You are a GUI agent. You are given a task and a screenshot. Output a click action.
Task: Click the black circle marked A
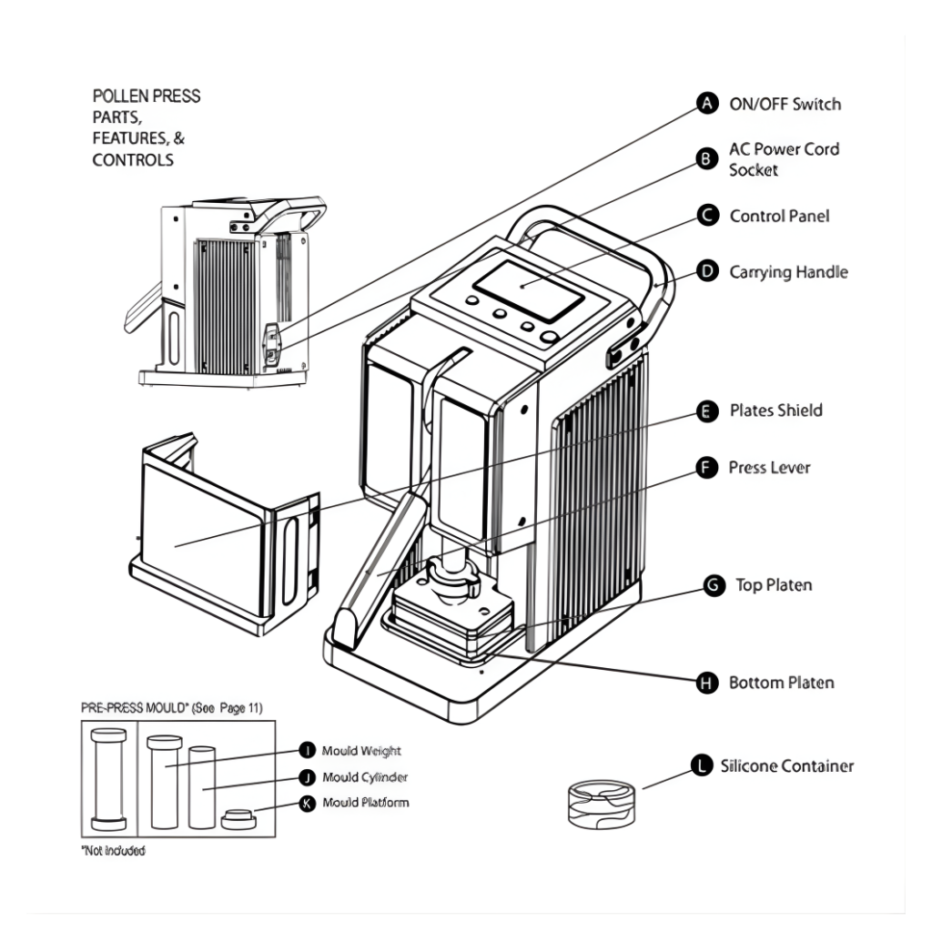[706, 103]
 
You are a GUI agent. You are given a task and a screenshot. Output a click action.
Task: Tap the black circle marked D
[706, 271]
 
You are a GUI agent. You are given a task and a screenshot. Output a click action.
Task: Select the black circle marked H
[706, 683]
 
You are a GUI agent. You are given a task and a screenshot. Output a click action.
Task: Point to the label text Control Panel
[780, 217]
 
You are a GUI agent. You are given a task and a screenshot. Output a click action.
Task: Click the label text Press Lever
[769, 468]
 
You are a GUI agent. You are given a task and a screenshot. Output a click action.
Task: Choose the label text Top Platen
[774, 585]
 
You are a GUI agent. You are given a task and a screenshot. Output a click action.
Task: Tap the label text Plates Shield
[775, 410]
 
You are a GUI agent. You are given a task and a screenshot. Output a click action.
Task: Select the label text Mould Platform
[365, 803]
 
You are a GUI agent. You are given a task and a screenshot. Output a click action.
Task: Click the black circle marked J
[307, 777]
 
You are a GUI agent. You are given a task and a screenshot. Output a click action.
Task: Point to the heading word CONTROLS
[133, 160]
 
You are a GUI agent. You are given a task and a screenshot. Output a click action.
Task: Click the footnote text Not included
[113, 851]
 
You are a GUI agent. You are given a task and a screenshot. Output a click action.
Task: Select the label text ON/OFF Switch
[785, 104]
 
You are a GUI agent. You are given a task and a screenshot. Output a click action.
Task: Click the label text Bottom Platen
[781, 683]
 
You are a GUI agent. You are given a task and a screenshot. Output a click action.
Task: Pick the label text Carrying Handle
[788, 272]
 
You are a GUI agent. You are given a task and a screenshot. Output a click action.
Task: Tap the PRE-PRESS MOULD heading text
[171, 707]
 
